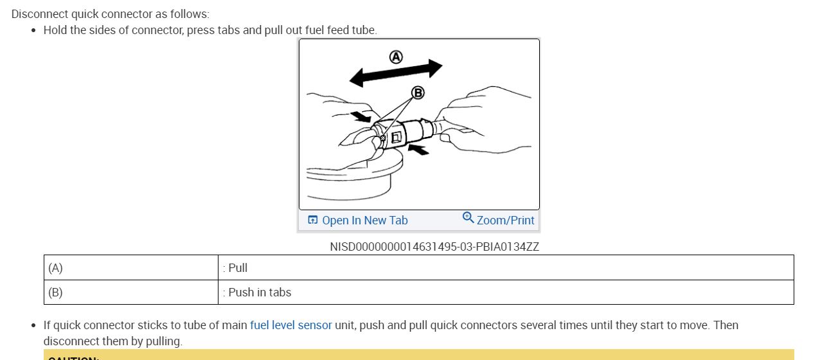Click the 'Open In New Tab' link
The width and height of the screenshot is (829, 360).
(364, 221)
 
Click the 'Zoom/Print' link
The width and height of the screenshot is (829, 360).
(505, 221)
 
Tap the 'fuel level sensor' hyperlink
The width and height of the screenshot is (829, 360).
(290, 325)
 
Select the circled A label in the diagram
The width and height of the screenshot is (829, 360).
(396, 57)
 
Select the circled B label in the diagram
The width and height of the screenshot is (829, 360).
(418, 93)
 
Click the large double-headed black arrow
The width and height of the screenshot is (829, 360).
(396, 73)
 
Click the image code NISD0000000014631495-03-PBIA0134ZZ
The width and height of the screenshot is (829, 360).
(434, 246)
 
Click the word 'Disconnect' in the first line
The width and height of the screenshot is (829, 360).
(38, 14)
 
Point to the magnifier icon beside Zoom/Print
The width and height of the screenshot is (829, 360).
(468, 218)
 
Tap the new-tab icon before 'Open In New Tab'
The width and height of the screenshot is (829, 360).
(313, 220)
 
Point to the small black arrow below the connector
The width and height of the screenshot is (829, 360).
(418, 149)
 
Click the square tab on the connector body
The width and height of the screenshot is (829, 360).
(396, 137)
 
